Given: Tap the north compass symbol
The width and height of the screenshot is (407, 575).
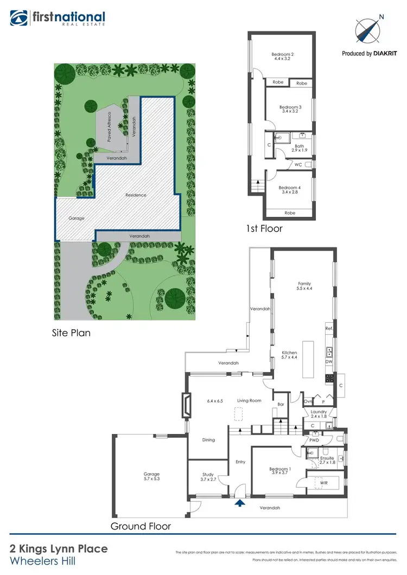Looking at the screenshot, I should pos(368,29).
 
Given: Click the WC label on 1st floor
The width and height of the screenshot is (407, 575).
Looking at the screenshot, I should pos(298,164).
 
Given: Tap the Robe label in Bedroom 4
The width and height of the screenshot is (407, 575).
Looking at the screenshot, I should pos(290,213).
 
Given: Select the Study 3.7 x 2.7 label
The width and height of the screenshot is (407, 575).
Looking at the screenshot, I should pos(208,476).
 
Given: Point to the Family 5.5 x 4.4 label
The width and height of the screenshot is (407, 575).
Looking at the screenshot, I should pos(304,286).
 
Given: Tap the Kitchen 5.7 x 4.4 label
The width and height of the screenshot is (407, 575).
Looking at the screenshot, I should pos(289,355).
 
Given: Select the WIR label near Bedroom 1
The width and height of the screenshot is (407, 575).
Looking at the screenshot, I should pos(324,482).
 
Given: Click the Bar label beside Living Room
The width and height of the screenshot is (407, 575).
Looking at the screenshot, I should pos(281,404).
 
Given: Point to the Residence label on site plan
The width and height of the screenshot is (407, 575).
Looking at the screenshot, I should pos(136,195).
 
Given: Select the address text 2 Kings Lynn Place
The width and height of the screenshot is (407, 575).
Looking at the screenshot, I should pos(59,549).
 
